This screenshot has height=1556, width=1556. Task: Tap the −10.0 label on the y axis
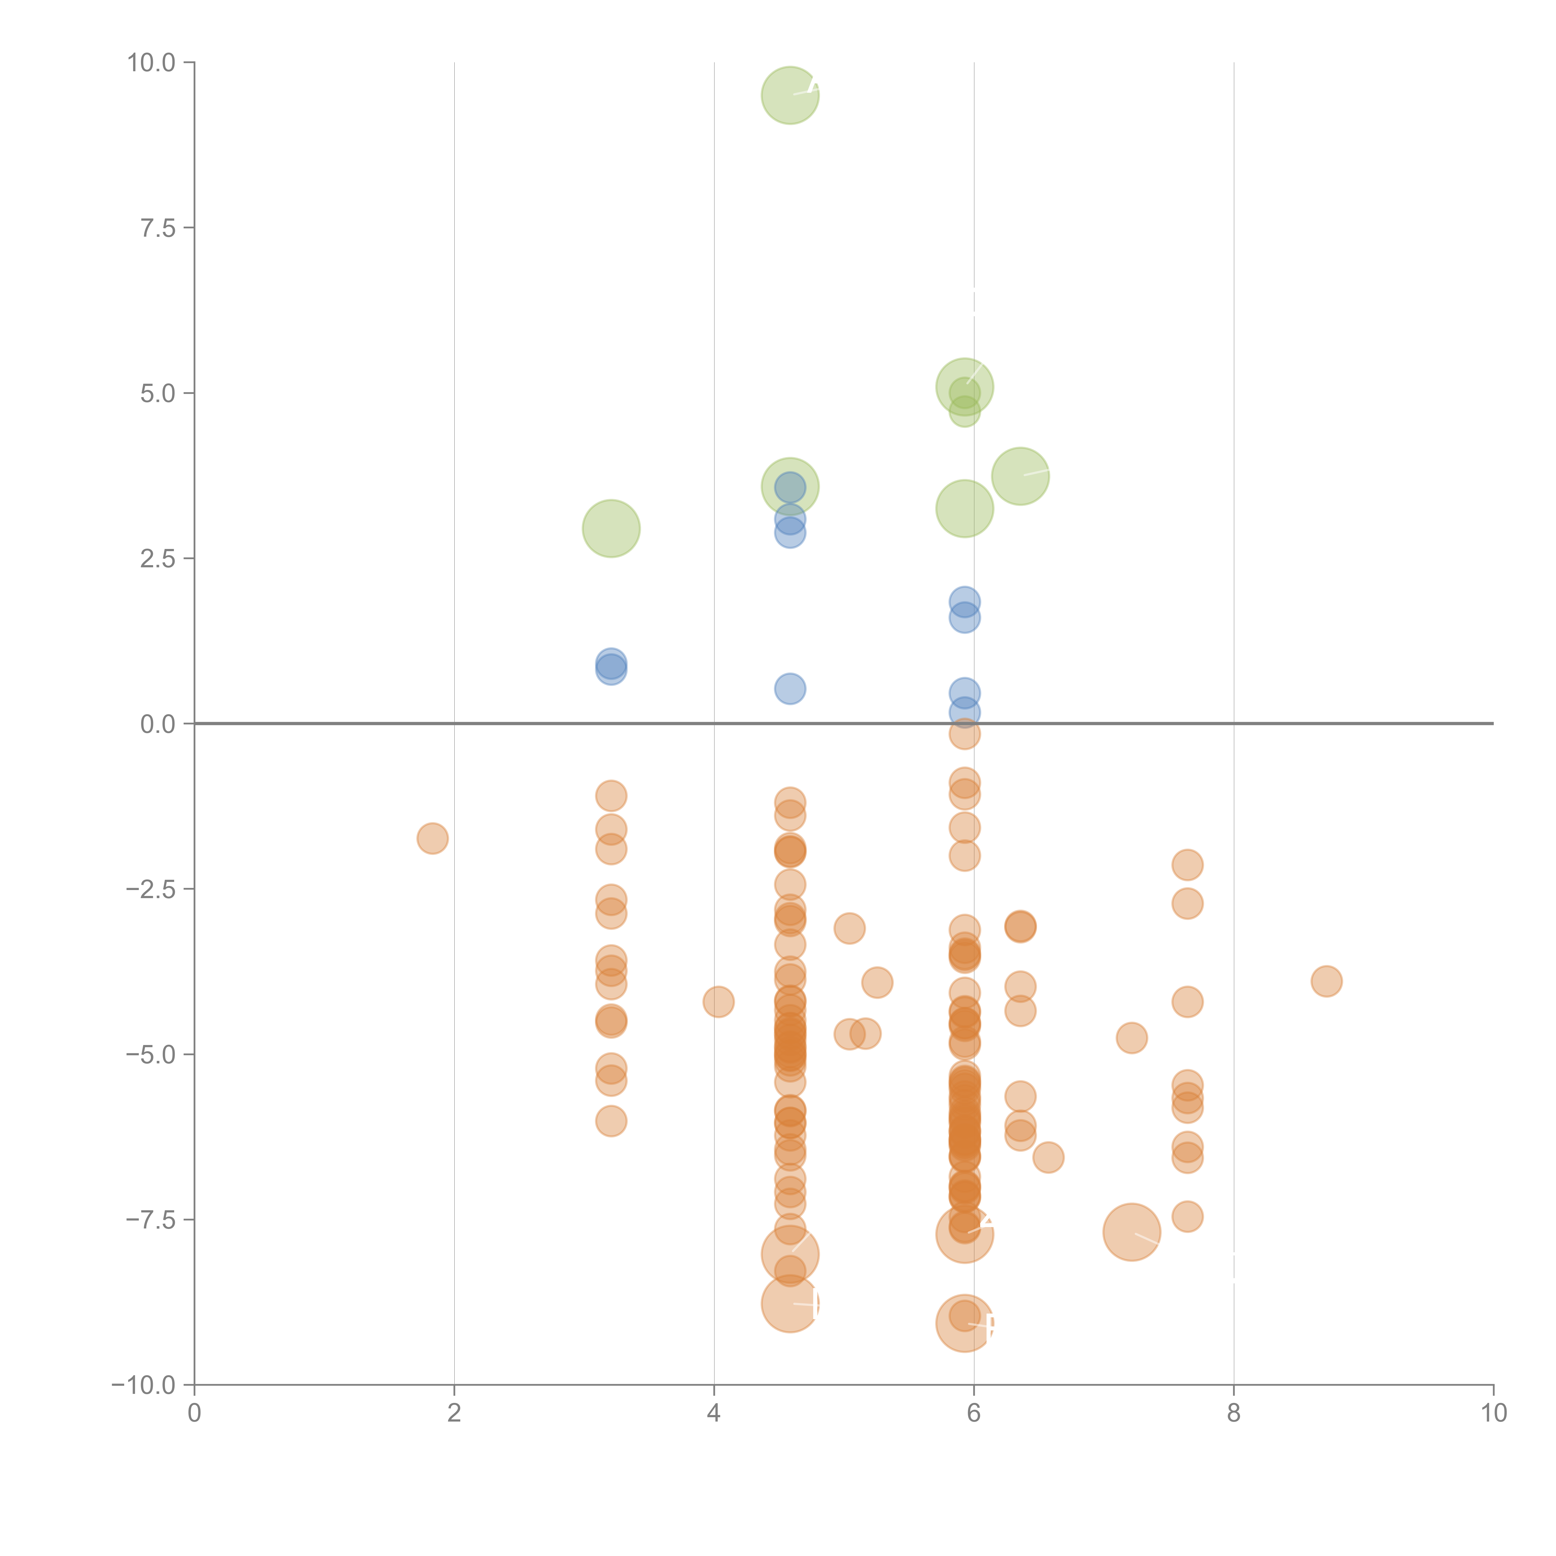[x=143, y=1385]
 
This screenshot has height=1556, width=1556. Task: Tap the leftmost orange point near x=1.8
[x=433, y=838]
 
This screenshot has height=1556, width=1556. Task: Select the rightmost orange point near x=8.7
[x=1326, y=981]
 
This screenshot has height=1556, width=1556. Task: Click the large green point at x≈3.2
[x=611, y=528]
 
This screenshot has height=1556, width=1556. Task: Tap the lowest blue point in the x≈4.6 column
[x=790, y=689]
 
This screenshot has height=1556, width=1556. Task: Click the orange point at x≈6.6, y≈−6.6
[x=1048, y=1157]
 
